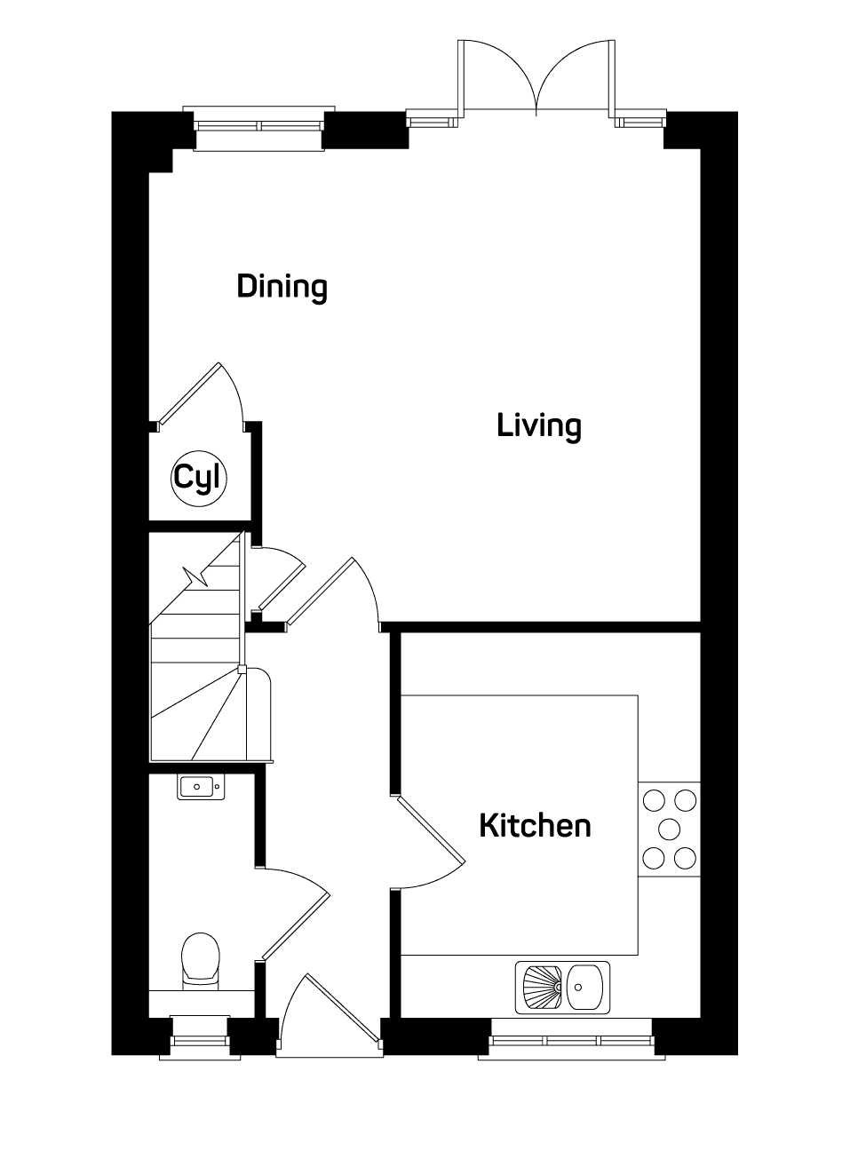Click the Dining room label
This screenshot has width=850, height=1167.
point(282,287)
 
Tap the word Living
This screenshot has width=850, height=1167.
point(539,426)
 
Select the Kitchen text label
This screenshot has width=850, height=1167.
point(535,826)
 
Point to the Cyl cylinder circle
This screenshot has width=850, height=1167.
point(199,479)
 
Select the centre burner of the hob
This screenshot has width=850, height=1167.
point(669,829)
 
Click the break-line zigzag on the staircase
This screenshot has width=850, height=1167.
point(196,576)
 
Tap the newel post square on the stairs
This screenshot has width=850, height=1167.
point(242,670)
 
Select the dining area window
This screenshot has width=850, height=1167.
point(258,129)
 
